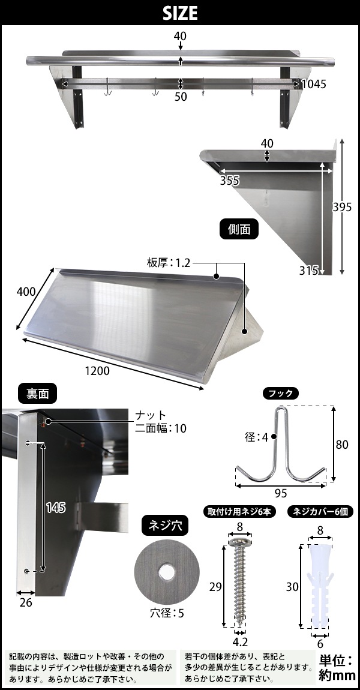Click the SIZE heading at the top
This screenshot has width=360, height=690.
pos(180,13)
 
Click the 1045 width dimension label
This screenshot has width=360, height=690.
pos(314,84)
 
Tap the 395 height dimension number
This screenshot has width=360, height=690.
pos(343,207)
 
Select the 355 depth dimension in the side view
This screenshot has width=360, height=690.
pos(230,180)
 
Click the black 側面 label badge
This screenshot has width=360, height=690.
pos(239,229)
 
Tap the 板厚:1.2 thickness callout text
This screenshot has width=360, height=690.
pos(169,263)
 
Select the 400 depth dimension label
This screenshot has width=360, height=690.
pos(26,291)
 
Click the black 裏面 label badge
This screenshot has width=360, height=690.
pos(37,394)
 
